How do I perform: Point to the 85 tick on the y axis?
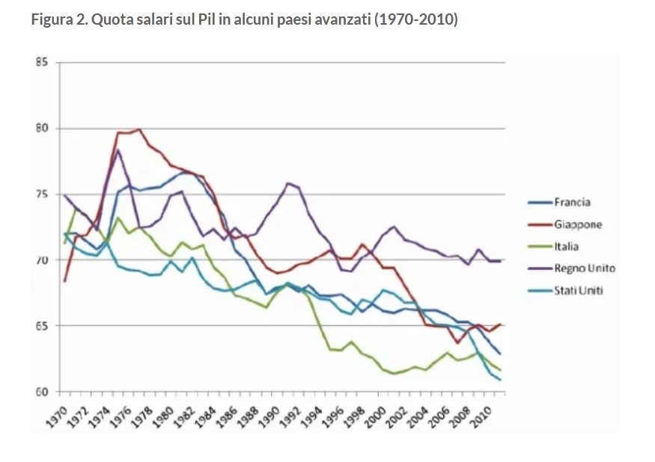(42, 63)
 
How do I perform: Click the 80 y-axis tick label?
(42, 129)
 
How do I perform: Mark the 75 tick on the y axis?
(42, 194)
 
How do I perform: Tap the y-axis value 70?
(42, 260)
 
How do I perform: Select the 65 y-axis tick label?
(42, 326)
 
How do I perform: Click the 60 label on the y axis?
(42, 392)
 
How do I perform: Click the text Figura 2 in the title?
(58, 19)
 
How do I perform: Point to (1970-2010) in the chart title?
(416, 19)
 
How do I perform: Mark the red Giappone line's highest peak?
(139, 129)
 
